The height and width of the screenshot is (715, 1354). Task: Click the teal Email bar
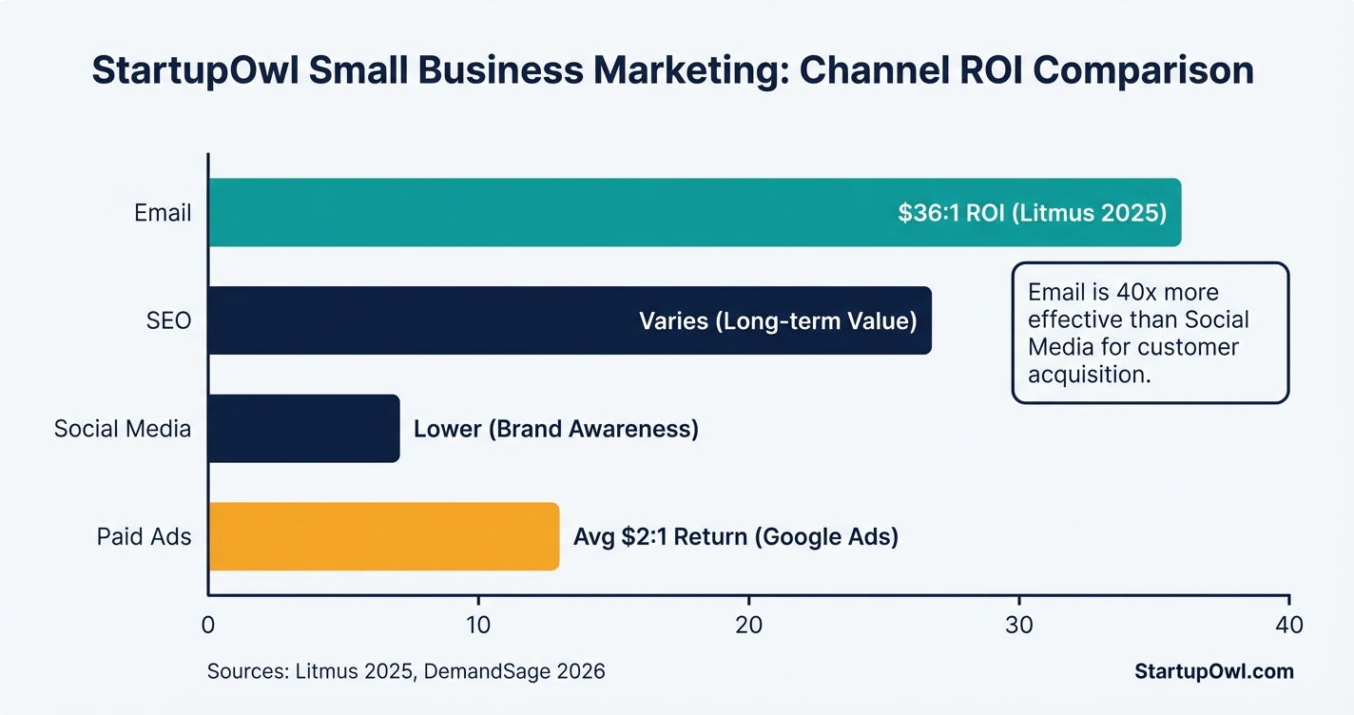coord(551,212)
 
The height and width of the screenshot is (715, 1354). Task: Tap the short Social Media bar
coord(303,429)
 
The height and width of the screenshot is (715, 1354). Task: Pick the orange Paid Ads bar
coord(383,536)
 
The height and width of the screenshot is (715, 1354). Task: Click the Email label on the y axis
coord(163,213)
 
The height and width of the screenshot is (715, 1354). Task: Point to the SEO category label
coord(168,321)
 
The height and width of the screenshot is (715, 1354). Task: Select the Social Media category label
coord(123,429)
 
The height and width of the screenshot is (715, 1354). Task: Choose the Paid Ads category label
coord(144,537)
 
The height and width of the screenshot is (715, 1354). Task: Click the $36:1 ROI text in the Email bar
coord(1032,213)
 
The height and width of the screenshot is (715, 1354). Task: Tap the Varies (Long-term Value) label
coord(778,321)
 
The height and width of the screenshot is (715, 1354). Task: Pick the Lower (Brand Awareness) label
coord(556,429)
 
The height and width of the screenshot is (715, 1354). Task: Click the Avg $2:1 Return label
coord(736,537)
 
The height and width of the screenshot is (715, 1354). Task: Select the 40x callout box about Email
coord(1151,333)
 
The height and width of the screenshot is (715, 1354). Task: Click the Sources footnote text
coord(406,671)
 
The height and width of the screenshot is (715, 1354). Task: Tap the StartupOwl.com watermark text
coord(1214,671)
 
